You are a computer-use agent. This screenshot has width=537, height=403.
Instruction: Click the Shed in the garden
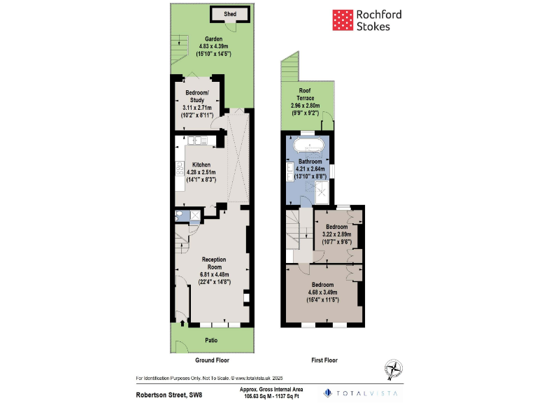230,14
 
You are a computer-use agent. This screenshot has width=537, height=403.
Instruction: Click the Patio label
210,341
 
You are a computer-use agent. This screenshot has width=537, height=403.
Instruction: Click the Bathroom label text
309,161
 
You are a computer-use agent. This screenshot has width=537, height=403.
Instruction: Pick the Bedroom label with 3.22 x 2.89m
337,227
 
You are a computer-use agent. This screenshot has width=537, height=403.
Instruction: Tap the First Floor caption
324,360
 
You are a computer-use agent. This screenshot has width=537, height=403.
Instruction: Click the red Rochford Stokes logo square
341,20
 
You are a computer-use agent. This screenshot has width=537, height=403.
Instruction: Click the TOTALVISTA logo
361,393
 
